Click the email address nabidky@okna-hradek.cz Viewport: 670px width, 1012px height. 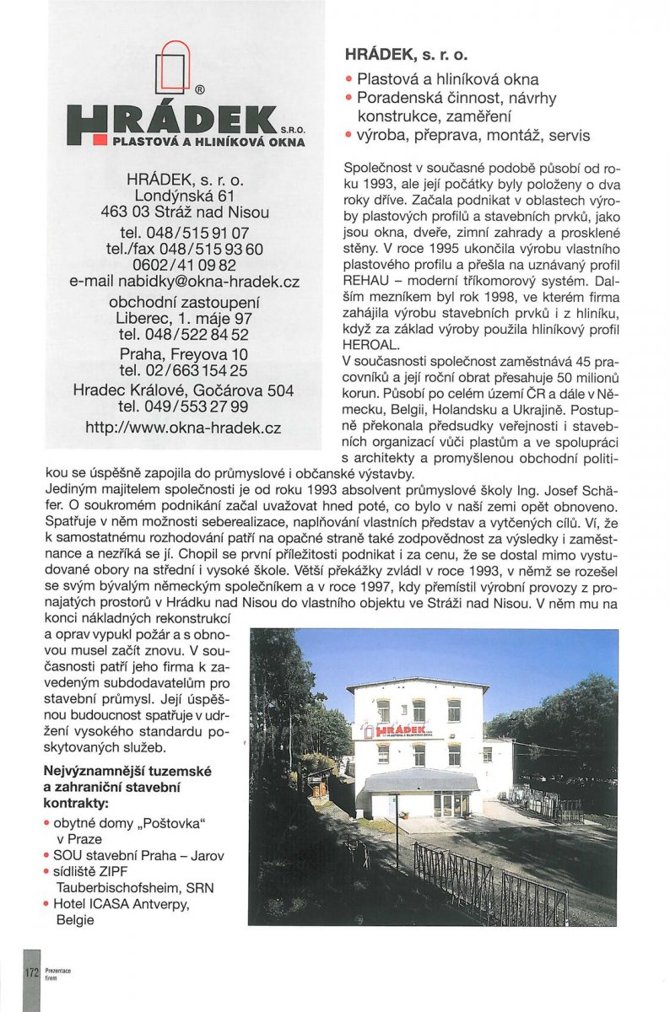click(x=184, y=282)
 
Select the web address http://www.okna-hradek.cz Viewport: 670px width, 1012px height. click(x=184, y=428)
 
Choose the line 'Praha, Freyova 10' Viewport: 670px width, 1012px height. click(x=184, y=353)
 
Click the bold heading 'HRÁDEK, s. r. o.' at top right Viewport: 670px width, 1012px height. click(x=406, y=55)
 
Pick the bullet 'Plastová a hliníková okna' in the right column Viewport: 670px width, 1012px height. click(x=447, y=79)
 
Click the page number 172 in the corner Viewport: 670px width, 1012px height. click(x=31, y=973)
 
